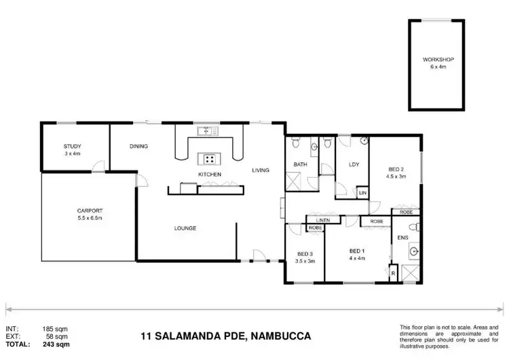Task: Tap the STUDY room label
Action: [x=72, y=146]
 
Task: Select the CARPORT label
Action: [x=89, y=211]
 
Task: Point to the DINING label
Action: [x=138, y=146]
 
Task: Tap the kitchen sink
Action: [x=204, y=130]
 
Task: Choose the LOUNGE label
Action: [x=185, y=228]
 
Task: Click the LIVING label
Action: [x=261, y=170]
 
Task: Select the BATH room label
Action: [x=301, y=165]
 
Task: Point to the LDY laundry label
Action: [x=353, y=164]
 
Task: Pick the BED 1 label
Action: [x=357, y=251]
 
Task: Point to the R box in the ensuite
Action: [x=393, y=273]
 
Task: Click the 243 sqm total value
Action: [x=56, y=344]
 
